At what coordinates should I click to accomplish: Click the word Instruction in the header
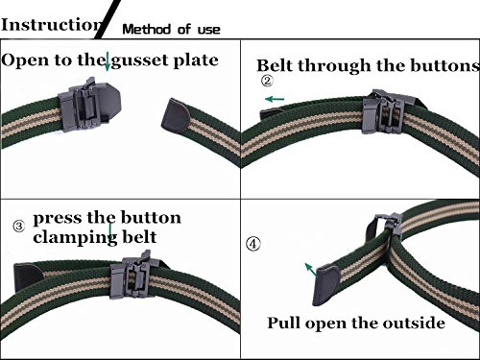point(52,24)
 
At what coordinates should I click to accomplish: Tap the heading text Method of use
point(171,30)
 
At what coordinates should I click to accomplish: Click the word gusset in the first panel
point(139,60)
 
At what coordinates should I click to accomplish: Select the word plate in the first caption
point(196,60)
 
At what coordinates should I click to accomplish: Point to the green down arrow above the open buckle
point(108,61)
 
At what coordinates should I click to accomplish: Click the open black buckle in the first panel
point(89,105)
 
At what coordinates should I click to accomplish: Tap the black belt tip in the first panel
point(175,115)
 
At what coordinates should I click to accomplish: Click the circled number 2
point(267,81)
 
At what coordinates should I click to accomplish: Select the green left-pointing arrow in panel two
point(275,99)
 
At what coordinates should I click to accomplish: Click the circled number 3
point(19,227)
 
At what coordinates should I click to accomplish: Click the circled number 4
point(252,244)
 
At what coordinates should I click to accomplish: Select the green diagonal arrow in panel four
point(310,270)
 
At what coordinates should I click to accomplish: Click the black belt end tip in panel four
point(324,286)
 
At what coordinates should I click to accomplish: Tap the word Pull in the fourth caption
point(284,323)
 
